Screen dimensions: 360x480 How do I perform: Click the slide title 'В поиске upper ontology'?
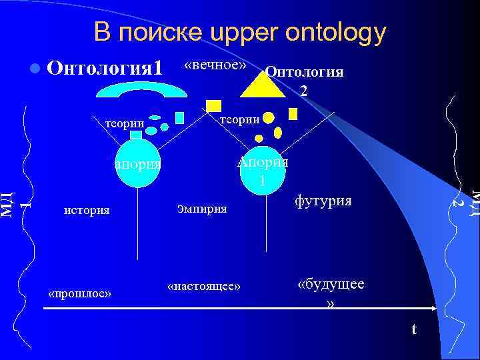tap(239, 31)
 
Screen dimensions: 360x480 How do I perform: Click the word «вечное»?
tap(215, 65)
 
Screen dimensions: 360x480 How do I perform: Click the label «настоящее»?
tap(204, 286)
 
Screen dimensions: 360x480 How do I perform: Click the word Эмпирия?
tap(202, 209)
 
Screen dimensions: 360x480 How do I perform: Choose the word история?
tap(86, 210)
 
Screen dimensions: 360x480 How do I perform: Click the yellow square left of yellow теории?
tap(213, 105)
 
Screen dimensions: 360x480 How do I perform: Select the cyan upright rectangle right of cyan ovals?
tap(179, 117)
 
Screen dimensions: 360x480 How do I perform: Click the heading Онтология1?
tap(106, 69)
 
